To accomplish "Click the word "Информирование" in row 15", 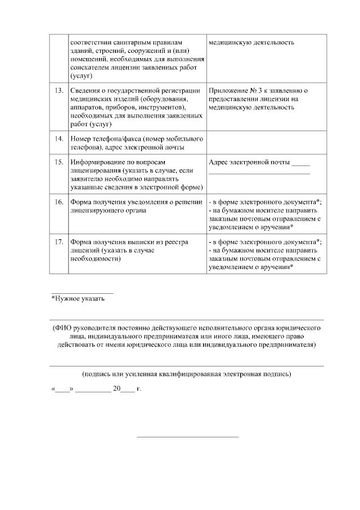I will coord(97,163).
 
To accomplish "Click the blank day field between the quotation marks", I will coord(62,390).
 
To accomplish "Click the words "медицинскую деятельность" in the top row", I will coord(251,43).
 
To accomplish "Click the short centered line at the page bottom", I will coord(188,436).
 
